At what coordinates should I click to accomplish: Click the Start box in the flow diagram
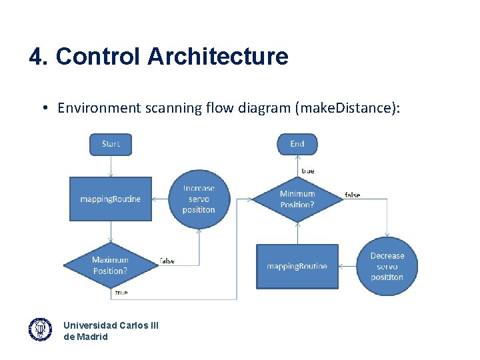tap(111, 144)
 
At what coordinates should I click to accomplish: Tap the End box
tap(297, 144)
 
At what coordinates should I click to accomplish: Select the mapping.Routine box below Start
tap(111, 199)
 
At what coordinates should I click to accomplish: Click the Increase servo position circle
tap(199, 199)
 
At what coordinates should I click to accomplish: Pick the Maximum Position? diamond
tap(111, 265)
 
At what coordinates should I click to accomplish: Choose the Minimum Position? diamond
tap(297, 199)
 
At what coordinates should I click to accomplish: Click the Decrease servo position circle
tap(387, 266)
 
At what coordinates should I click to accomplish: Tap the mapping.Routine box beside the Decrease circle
tap(297, 266)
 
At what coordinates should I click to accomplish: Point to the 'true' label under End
tap(308, 171)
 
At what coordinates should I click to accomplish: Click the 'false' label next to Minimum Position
tap(353, 195)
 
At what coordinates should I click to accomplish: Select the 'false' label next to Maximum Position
tap(167, 261)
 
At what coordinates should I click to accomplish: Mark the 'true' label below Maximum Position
tap(121, 292)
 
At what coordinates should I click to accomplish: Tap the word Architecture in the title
tap(218, 57)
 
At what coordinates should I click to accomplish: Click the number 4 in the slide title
tap(35, 57)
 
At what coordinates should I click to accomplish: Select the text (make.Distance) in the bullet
tap(348, 108)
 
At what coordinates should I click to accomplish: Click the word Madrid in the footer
tap(92, 337)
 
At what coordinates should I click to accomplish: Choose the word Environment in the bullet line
tap(99, 108)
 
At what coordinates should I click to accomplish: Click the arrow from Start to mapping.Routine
tap(111, 166)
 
